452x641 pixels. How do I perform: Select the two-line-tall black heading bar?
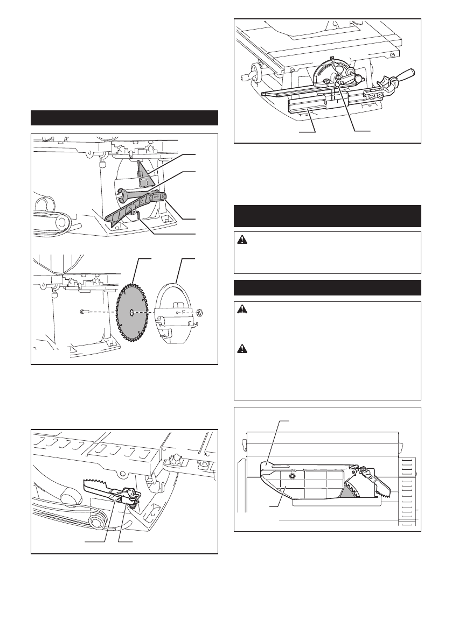[x=327, y=216]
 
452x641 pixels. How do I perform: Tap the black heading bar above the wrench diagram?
[x=124, y=117]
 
